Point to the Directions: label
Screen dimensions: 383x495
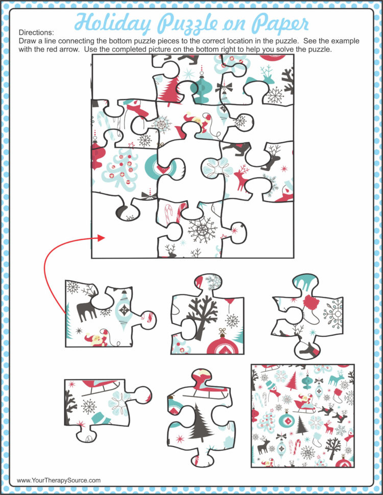(x=36, y=32)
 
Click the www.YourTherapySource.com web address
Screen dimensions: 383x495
(x=58, y=481)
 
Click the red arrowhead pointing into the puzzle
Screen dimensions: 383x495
(x=101, y=238)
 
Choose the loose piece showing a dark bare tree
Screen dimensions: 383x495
(x=207, y=314)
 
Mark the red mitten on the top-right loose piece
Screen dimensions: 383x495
(x=311, y=302)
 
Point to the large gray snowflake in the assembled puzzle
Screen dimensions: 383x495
(x=202, y=230)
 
